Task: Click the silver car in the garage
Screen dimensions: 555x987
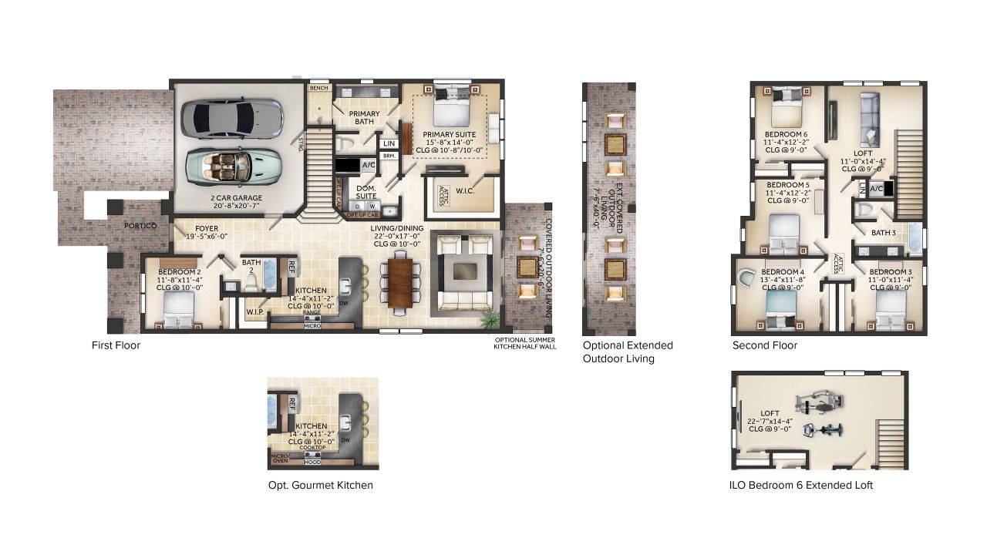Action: (x=232, y=117)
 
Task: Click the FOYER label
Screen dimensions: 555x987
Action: (x=206, y=229)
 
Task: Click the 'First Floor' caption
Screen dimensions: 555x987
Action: (x=116, y=345)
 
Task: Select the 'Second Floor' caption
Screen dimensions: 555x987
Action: (x=765, y=345)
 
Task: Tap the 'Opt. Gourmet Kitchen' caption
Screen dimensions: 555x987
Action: (x=320, y=485)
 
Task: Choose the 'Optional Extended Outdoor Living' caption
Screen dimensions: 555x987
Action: (x=628, y=351)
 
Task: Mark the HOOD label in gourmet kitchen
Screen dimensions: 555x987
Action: (x=312, y=462)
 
